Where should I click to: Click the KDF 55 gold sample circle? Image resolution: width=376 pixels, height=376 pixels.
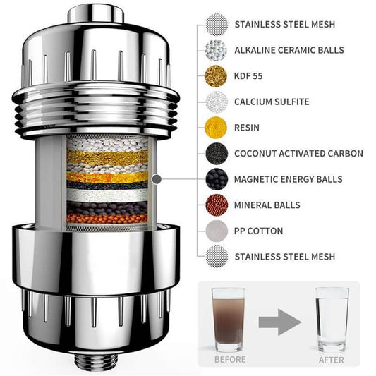216,76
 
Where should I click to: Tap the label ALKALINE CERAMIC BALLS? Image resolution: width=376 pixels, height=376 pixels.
289,50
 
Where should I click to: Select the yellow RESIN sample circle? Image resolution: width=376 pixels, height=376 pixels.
216,128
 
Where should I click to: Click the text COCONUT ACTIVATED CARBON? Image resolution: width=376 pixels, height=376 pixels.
298,154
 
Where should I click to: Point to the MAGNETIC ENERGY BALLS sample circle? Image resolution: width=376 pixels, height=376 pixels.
217,179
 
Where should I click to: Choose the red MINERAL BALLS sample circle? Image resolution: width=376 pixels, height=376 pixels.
217,205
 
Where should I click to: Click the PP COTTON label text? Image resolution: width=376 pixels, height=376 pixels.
258,231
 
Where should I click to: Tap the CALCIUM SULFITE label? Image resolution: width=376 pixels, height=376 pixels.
272,102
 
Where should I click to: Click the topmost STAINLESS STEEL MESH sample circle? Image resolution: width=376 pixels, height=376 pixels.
217,25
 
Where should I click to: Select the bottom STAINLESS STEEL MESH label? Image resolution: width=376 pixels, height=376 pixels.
284,257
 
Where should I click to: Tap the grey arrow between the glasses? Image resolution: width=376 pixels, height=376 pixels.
279,322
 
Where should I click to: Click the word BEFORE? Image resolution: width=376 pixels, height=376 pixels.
230,360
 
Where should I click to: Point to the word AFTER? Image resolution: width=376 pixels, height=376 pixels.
332,360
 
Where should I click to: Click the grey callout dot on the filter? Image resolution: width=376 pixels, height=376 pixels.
157,179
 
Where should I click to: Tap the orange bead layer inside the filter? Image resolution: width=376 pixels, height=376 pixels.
107,219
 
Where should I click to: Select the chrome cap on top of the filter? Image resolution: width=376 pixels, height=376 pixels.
95,13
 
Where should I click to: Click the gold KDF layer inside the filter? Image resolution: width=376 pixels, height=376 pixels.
107,157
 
